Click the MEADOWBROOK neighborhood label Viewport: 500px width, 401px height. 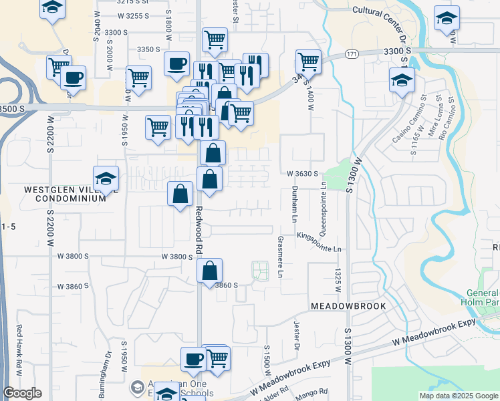coord(349,305)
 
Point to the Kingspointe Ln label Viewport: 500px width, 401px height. coord(320,242)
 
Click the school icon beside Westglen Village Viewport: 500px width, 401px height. coord(106,178)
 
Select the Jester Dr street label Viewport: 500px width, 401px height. coord(295,336)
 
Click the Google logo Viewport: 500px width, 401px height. coord(22,393)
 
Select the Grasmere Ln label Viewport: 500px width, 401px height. coord(280,257)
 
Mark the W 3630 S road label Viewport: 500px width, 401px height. coord(301,173)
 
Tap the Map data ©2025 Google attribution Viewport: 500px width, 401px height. coord(458,396)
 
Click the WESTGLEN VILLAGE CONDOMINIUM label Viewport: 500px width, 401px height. coord(65,194)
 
